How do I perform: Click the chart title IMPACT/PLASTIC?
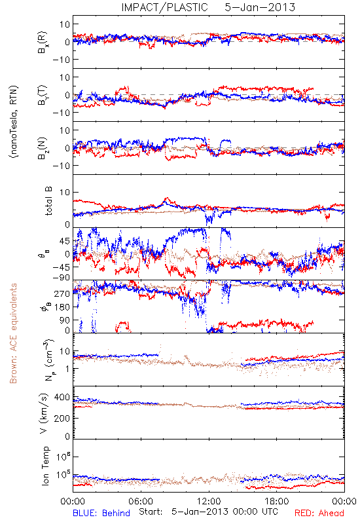click(164, 7)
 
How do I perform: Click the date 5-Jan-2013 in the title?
click(260, 7)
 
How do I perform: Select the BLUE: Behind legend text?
click(101, 513)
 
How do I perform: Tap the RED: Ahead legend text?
click(319, 513)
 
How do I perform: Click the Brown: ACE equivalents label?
click(13, 333)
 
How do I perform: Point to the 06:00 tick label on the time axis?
click(141, 501)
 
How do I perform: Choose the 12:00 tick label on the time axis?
click(209, 501)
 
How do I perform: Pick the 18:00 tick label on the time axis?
click(276, 501)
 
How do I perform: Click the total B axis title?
click(48, 201)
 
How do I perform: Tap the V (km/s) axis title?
click(44, 413)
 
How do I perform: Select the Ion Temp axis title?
click(45, 466)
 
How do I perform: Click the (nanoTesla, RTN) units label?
click(14, 122)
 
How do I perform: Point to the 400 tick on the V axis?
click(62, 398)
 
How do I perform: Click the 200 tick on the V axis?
click(62, 418)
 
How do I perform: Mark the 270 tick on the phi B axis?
click(62, 293)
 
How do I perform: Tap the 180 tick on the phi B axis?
click(62, 307)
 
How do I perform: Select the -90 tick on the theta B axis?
click(61, 278)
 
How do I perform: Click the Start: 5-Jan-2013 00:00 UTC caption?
click(208, 512)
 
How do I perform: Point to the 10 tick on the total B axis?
click(65, 193)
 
